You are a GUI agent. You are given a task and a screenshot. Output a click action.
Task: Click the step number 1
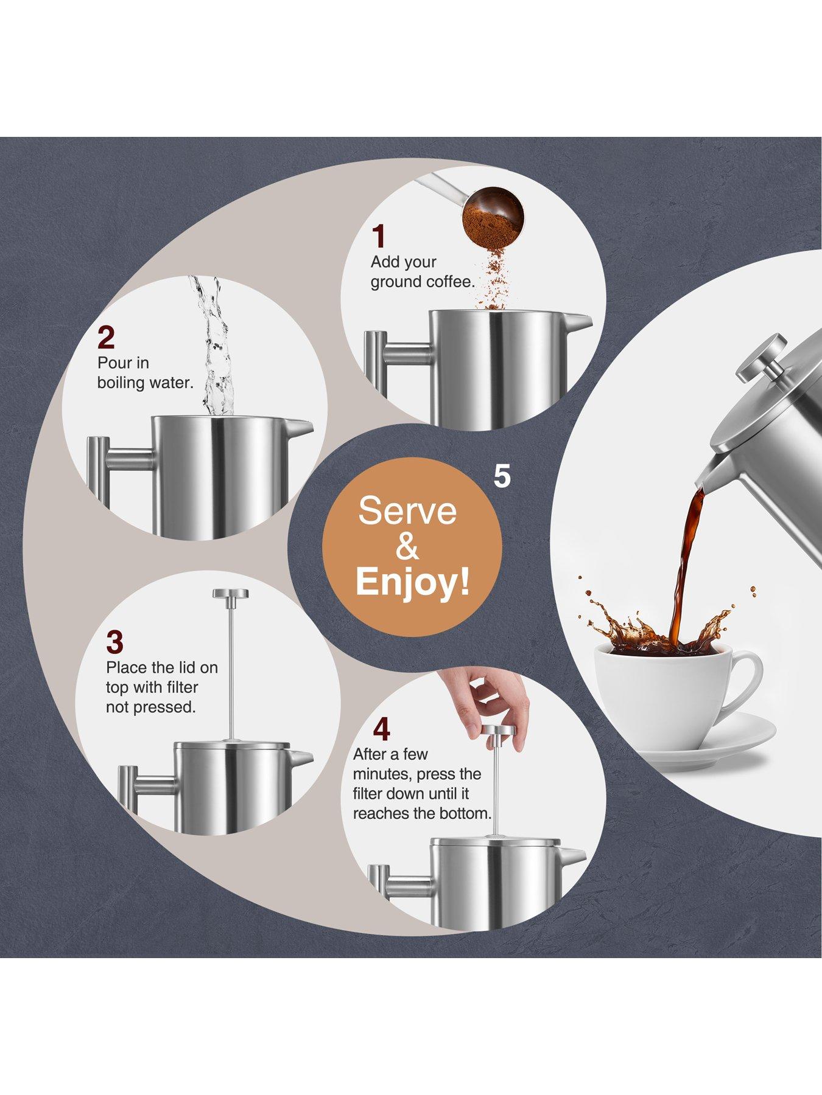[x=379, y=236]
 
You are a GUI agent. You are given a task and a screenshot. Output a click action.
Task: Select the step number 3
[x=114, y=641]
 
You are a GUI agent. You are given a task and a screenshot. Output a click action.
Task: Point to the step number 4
[x=381, y=729]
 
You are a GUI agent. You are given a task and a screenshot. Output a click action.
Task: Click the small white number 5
[x=502, y=476]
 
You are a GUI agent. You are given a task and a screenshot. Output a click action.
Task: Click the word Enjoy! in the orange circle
[x=413, y=582]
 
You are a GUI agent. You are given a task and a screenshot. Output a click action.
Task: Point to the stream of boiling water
[x=214, y=347]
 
